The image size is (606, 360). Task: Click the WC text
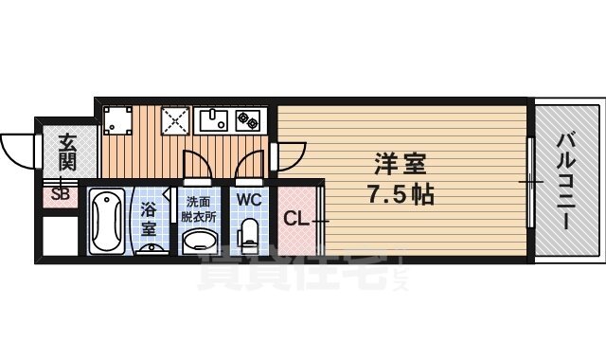coord(248,200)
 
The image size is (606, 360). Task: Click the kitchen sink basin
coord(214,120)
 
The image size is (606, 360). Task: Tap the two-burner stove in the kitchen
coord(249,120)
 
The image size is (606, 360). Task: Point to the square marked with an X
coord(175,120)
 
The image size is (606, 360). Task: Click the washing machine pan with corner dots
coord(119,120)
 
